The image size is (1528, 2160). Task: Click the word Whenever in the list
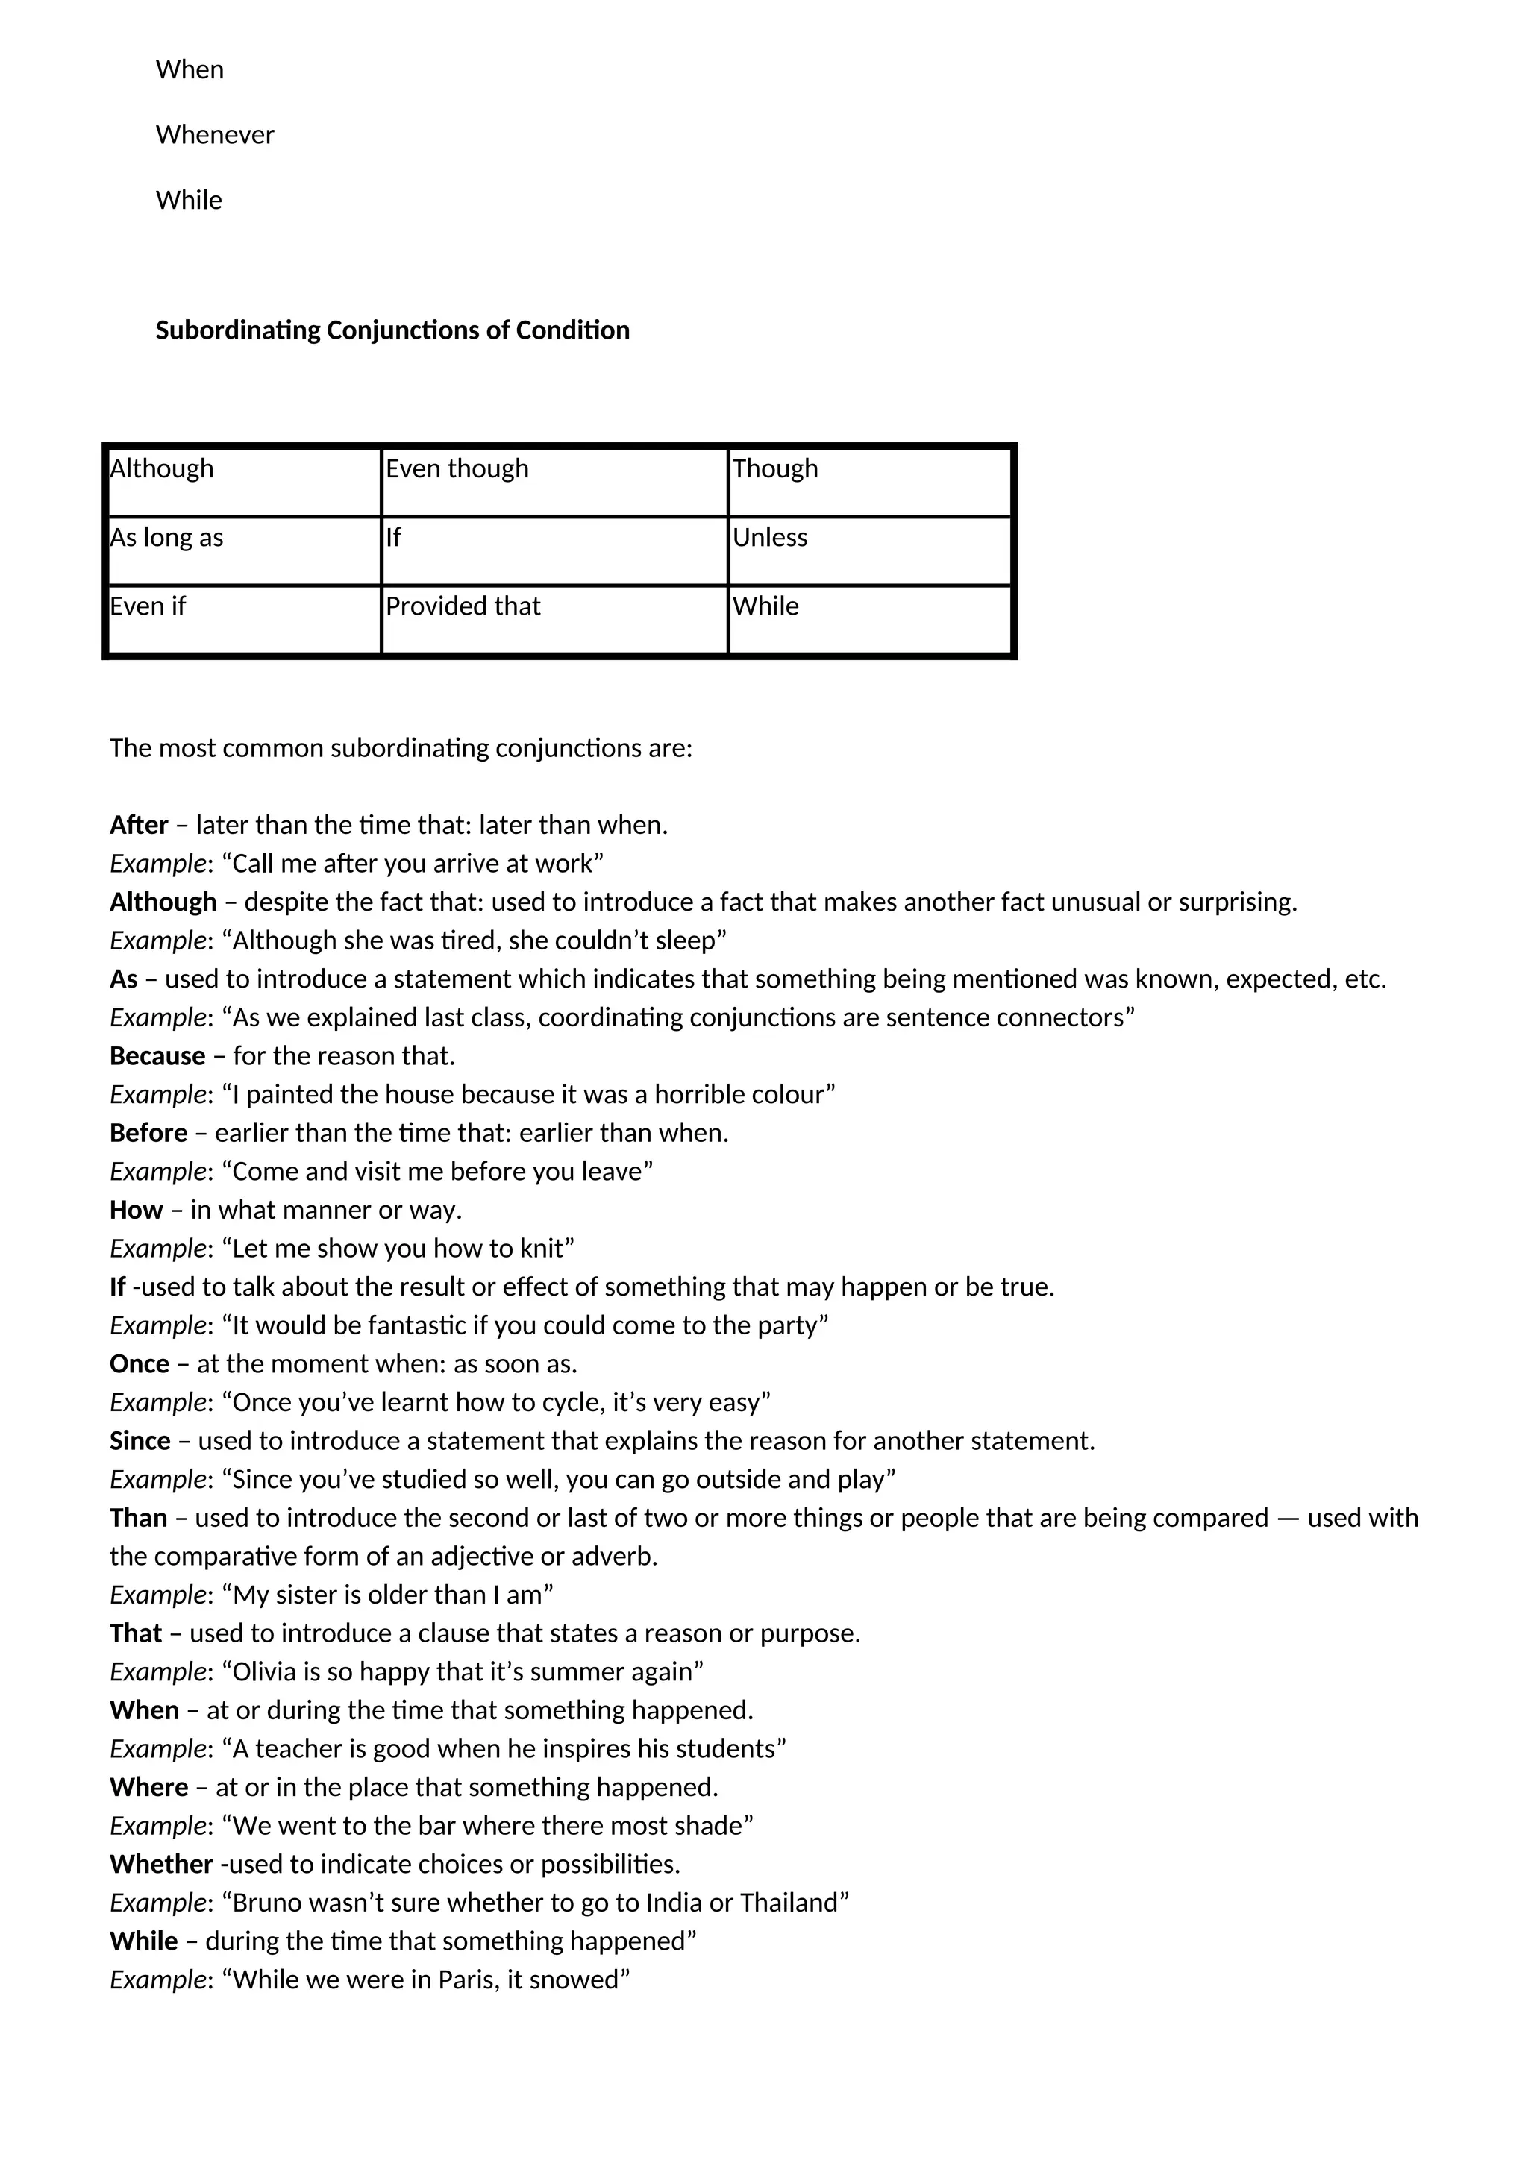pos(215,134)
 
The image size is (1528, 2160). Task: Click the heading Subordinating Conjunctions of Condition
pos(392,330)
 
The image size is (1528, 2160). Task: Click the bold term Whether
pos(161,1864)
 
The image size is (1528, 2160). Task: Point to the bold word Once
pos(140,1363)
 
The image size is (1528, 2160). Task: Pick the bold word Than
pos(138,1518)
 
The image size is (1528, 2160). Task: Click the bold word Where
pos(148,1786)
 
